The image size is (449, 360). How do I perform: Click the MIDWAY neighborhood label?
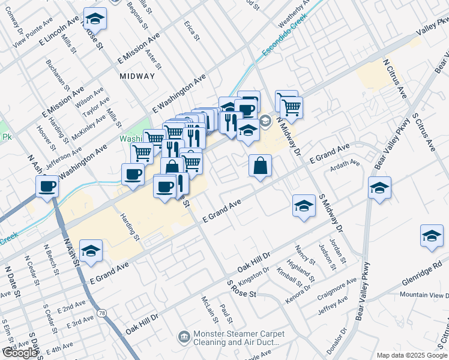point(137,76)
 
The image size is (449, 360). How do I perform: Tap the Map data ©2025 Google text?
point(411,355)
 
